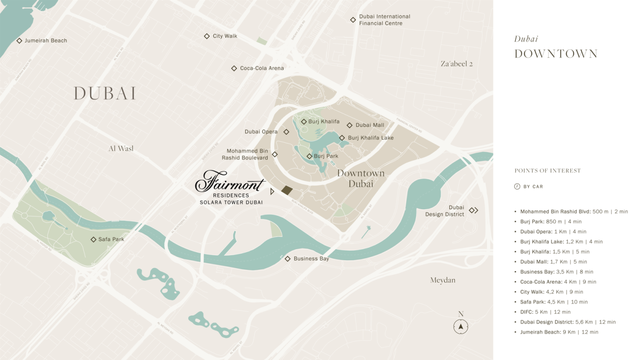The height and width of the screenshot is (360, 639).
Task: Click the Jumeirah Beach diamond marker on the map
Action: (19, 41)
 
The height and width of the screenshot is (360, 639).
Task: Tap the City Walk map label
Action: (225, 36)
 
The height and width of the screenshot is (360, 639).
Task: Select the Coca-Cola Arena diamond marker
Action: (234, 68)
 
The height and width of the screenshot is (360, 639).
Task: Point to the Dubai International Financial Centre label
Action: (384, 20)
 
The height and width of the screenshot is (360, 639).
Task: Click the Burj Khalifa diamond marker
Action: (304, 122)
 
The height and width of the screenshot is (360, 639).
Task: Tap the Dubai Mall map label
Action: (370, 125)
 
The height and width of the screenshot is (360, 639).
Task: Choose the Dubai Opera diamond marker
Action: (286, 132)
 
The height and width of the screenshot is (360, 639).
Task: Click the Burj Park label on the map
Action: (326, 156)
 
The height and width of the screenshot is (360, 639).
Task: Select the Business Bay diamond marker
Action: (288, 259)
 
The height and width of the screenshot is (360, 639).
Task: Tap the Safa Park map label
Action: (111, 240)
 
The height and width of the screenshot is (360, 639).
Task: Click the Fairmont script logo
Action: (230, 182)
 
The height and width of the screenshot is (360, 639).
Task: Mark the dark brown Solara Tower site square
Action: (287, 190)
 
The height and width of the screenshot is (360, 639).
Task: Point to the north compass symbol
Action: (461, 327)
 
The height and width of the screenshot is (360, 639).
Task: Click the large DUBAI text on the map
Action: (105, 93)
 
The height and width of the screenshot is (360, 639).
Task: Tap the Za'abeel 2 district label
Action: (456, 64)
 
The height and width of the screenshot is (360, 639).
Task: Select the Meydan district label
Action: (443, 280)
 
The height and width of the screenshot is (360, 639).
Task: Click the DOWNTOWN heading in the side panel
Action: (556, 54)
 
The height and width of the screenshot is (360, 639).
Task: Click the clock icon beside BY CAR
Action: (517, 187)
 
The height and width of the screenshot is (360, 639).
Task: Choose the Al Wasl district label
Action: (121, 149)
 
